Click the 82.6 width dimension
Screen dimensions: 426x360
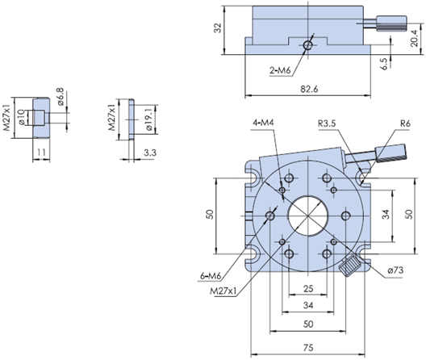pos(309,89)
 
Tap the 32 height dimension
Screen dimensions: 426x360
pos(218,28)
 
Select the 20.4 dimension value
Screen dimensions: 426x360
pos(414,38)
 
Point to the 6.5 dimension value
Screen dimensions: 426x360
pos(384,64)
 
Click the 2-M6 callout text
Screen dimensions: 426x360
pos(280,70)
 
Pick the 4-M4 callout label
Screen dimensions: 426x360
pos(263,123)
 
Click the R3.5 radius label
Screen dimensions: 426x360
pos(327,123)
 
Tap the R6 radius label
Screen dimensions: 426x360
pos(405,123)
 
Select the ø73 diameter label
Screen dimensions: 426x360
pos(395,270)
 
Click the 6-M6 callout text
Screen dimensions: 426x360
pos(211,276)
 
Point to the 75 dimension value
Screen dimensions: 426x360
pos(308,348)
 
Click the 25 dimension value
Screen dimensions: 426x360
pos(308,288)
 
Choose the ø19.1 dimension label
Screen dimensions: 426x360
pos(149,119)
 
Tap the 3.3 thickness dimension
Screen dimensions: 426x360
pos(150,153)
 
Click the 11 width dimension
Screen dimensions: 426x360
pos(41,153)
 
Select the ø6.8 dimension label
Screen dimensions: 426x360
pos(60,96)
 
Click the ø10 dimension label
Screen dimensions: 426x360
pos(23,118)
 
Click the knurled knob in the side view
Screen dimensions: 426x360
pos(391,23)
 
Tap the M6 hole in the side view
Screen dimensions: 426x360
pos(308,45)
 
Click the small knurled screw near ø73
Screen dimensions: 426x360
pos(349,266)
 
